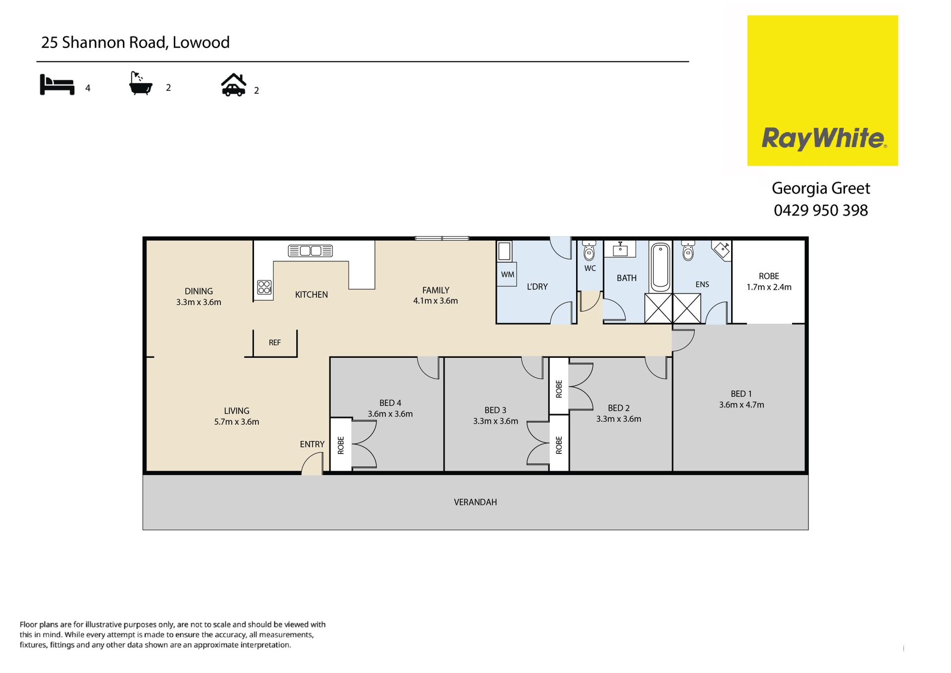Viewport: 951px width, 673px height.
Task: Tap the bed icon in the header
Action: coord(57,84)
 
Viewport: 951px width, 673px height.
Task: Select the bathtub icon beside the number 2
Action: coord(140,83)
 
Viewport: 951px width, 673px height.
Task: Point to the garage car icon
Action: coord(233,85)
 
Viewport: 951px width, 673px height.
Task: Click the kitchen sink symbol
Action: coord(310,251)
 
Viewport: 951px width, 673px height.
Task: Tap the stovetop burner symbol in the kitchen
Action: coord(264,287)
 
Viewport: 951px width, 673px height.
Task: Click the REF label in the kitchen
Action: coord(274,342)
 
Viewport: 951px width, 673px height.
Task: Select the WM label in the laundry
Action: coord(508,275)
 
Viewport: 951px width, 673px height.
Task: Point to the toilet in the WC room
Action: coord(589,251)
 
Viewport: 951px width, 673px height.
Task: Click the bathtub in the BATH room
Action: coord(660,267)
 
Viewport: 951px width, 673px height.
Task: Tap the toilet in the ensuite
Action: coord(688,251)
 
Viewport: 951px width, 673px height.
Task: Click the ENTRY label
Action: coord(312,444)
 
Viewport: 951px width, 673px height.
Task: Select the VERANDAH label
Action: coord(475,502)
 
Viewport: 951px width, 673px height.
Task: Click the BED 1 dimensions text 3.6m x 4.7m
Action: coord(741,405)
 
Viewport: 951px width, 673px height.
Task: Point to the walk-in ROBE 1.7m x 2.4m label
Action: coord(769,281)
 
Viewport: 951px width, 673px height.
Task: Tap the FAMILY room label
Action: coord(436,290)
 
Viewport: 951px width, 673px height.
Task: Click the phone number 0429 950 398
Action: coord(821,210)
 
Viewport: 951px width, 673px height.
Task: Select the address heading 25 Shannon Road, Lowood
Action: coord(135,43)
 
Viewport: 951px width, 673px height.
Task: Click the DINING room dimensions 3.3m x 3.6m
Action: coord(199,302)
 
